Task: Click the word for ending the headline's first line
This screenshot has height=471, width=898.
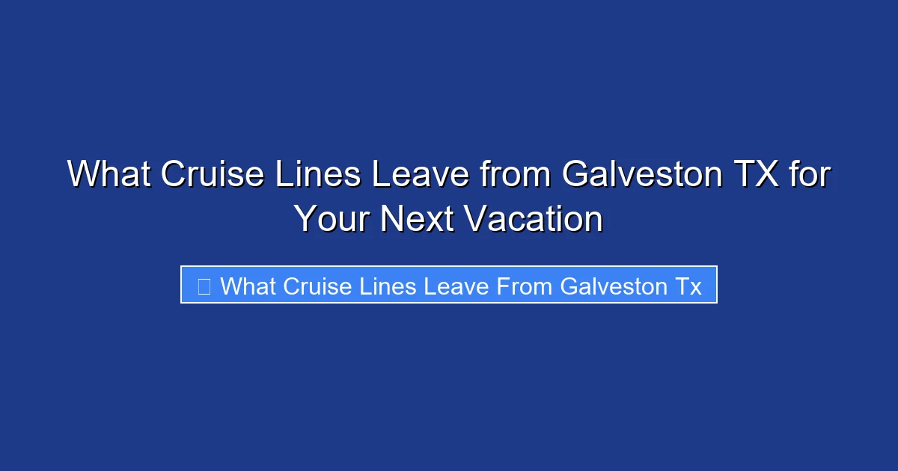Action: [x=810, y=176]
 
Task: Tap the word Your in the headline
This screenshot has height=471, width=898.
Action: [x=332, y=220]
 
